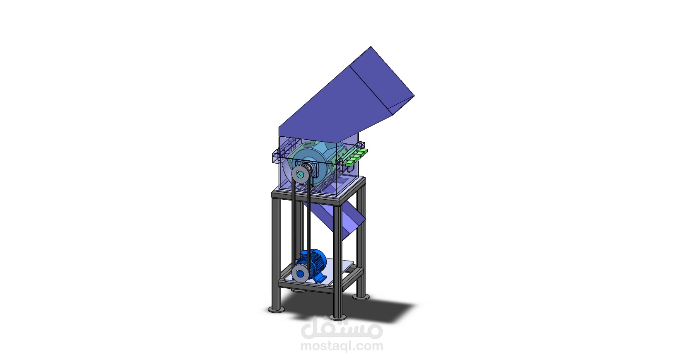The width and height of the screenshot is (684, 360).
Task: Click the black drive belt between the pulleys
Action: click(x=308, y=224)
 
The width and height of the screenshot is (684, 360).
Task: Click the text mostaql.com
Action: click(x=342, y=346)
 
